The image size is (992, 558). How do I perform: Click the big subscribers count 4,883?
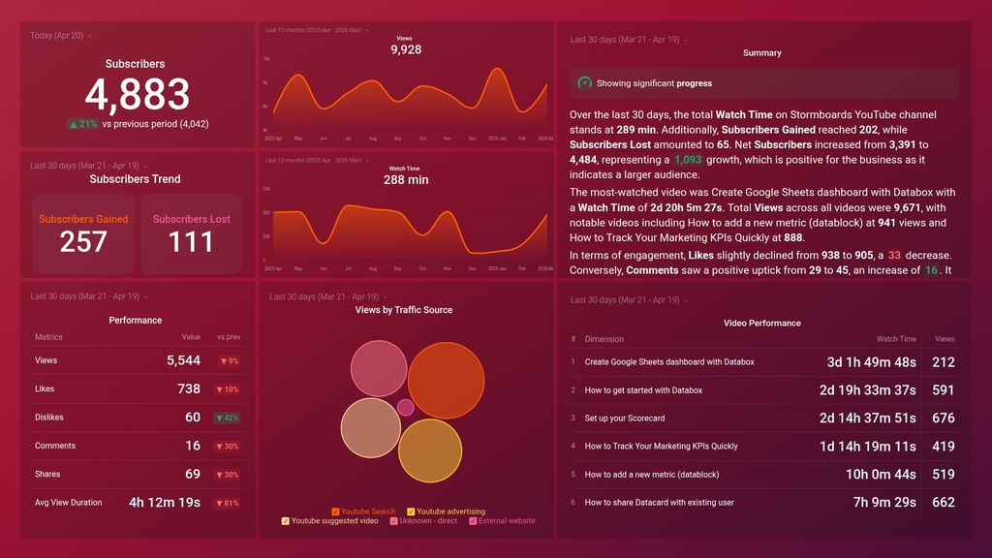[137, 95]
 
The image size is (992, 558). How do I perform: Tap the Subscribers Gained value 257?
[83, 242]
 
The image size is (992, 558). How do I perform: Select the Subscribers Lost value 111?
[191, 242]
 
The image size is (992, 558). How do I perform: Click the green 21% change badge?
[82, 124]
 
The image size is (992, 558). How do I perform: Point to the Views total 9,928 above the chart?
[405, 49]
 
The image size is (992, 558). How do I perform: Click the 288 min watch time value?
[405, 179]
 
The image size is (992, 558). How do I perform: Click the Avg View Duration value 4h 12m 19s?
[165, 503]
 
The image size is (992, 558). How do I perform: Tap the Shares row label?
[47, 475]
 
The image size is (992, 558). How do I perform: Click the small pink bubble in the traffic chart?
[405, 407]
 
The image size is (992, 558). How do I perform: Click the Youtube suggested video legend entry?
[332, 521]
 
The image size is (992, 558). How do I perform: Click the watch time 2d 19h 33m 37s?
[867, 390]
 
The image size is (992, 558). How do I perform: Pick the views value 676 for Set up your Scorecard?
[943, 418]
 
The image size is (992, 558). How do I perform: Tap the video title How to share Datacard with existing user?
[659, 503]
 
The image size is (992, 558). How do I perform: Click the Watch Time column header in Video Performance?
[896, 339]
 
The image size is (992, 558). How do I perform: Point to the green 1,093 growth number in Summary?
[688, 160]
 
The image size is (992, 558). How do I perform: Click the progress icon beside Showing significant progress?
[584, 83]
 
